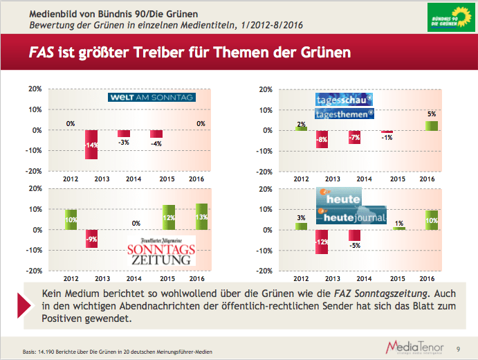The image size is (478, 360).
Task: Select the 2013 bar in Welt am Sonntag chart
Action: (91, 144)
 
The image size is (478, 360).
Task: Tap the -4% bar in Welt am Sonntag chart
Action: (156, 134)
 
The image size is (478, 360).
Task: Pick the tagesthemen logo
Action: (344, 114)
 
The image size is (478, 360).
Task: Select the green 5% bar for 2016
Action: (431, 125)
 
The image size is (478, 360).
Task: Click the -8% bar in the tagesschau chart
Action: (322, 138)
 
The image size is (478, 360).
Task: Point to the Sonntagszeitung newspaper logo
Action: (160, 250)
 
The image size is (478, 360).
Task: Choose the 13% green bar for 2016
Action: (201, 216)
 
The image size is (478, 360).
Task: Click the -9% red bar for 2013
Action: (91, 239)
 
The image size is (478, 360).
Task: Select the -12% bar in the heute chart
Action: (322, 242)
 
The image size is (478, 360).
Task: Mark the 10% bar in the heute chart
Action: (431, 219)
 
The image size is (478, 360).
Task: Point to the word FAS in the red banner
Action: (42, 52)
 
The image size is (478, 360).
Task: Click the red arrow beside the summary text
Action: (26, 305)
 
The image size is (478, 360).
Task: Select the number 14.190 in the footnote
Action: (53, 352)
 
